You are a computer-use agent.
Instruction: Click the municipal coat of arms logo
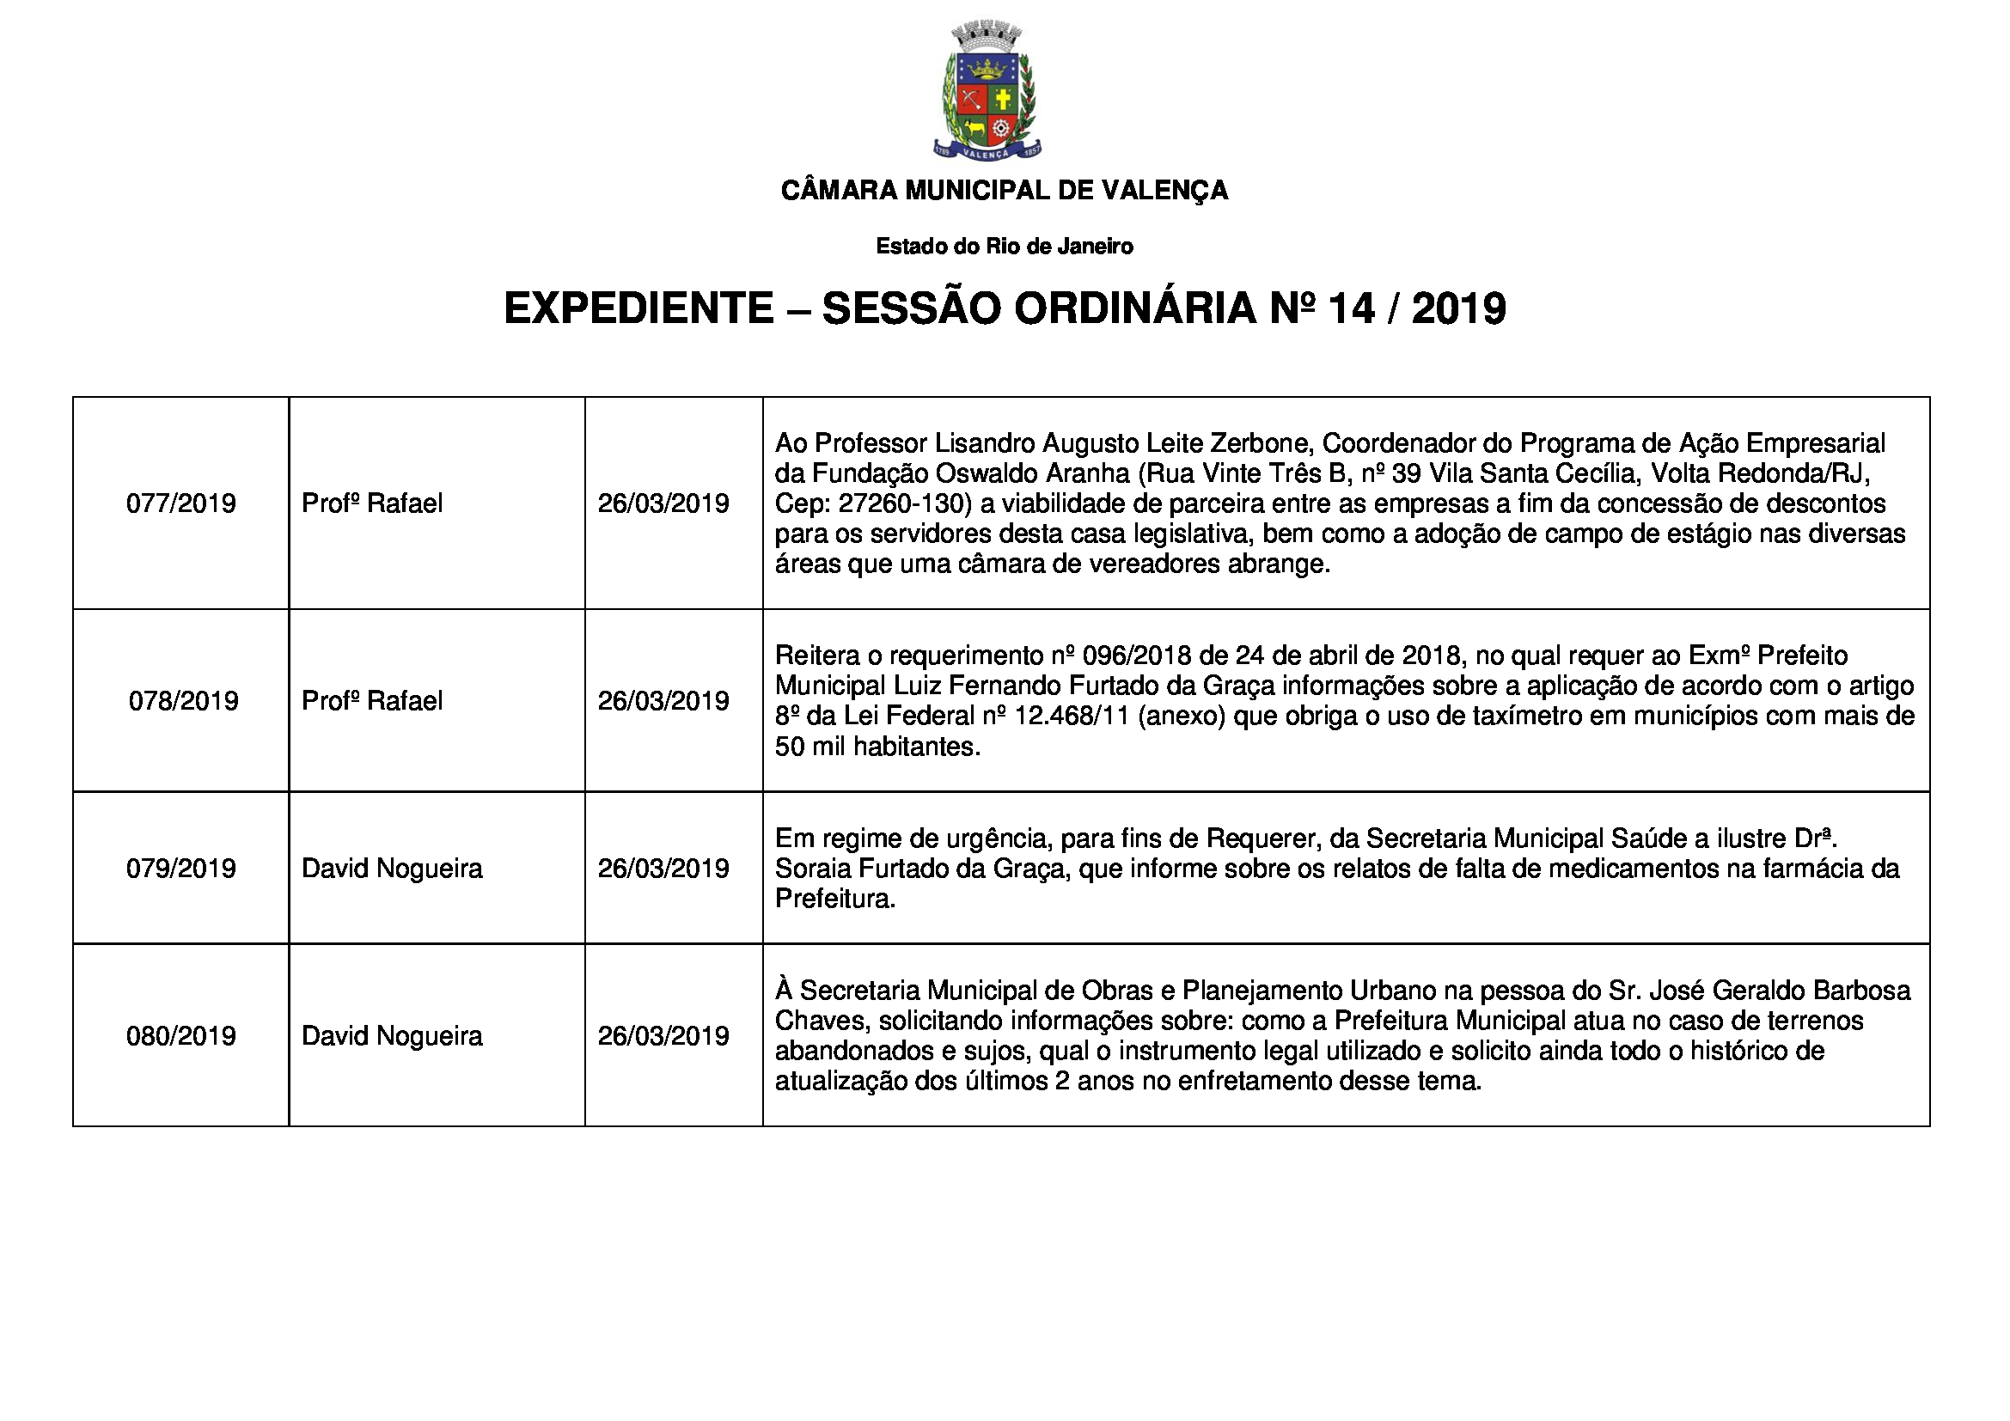coord(987,92)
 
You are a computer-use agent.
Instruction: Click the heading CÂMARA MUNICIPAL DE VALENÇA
coord(1004,190)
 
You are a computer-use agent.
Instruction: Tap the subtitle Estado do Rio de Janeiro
coord(1004,247)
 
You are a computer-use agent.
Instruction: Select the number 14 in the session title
coord(1351,309)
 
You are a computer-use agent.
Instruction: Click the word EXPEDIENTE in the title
coord(639,309)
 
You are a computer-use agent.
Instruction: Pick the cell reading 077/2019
coord(181,503)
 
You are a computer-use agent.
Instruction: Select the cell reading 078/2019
coord(183,701)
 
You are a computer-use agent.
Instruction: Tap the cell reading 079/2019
coord(181,868)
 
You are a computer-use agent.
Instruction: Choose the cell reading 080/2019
coord(181,1036)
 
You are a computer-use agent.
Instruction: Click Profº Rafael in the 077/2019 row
coord(372,503)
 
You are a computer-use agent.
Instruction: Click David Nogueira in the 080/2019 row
coord(392,1036)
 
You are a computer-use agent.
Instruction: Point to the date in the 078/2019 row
coord(663,701)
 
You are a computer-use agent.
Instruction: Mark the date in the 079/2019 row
coord(663,868)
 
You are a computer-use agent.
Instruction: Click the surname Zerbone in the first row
coord(1260,442)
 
